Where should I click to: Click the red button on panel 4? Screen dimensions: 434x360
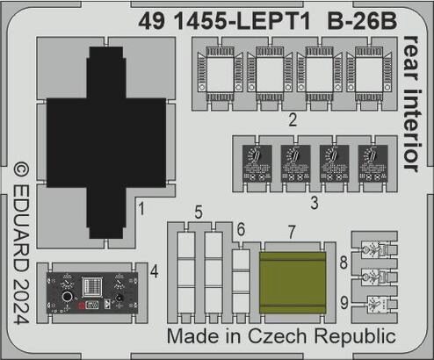click(81, 306)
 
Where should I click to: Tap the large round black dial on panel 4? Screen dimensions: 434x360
click(68, 297)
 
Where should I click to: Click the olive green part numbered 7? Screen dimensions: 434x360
click(293, 283)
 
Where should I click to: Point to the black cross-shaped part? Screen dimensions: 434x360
click(106, 142)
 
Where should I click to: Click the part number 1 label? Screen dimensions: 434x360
click(141, 209)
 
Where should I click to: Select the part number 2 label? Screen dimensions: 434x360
click(293, 120)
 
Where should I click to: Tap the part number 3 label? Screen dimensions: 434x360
click(315, 203)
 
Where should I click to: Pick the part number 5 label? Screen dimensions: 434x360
click(199, 212)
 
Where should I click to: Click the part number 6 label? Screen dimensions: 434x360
click(241, 229)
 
